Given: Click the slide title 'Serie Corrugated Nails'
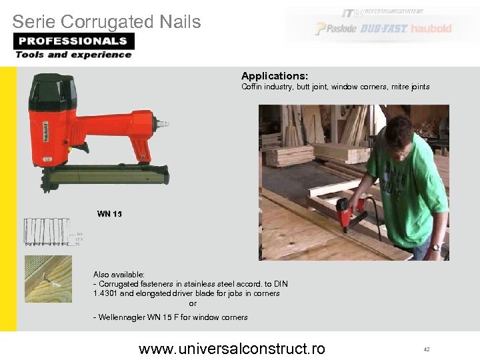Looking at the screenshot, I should pos(107,22).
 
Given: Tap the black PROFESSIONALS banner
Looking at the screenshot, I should pos(73,41).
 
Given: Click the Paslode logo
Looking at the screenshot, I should pos(336,29).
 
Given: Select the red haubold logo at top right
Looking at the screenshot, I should pos(431,29).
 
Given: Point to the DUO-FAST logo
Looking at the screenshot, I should pos(384,29).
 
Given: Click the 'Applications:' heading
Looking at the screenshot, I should pos(275,76).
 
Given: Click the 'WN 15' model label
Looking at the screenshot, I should pos(109,214).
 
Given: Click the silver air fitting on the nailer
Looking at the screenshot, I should pos(161,124).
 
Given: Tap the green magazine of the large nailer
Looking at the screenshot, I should pos(107,176).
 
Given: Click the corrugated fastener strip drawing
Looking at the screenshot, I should pos(47,231).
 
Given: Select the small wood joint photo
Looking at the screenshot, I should pos(47,279).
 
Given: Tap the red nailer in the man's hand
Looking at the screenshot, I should pos(349,212).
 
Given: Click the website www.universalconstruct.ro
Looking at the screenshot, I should pos(231,348).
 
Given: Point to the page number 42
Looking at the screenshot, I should pos(426,349).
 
